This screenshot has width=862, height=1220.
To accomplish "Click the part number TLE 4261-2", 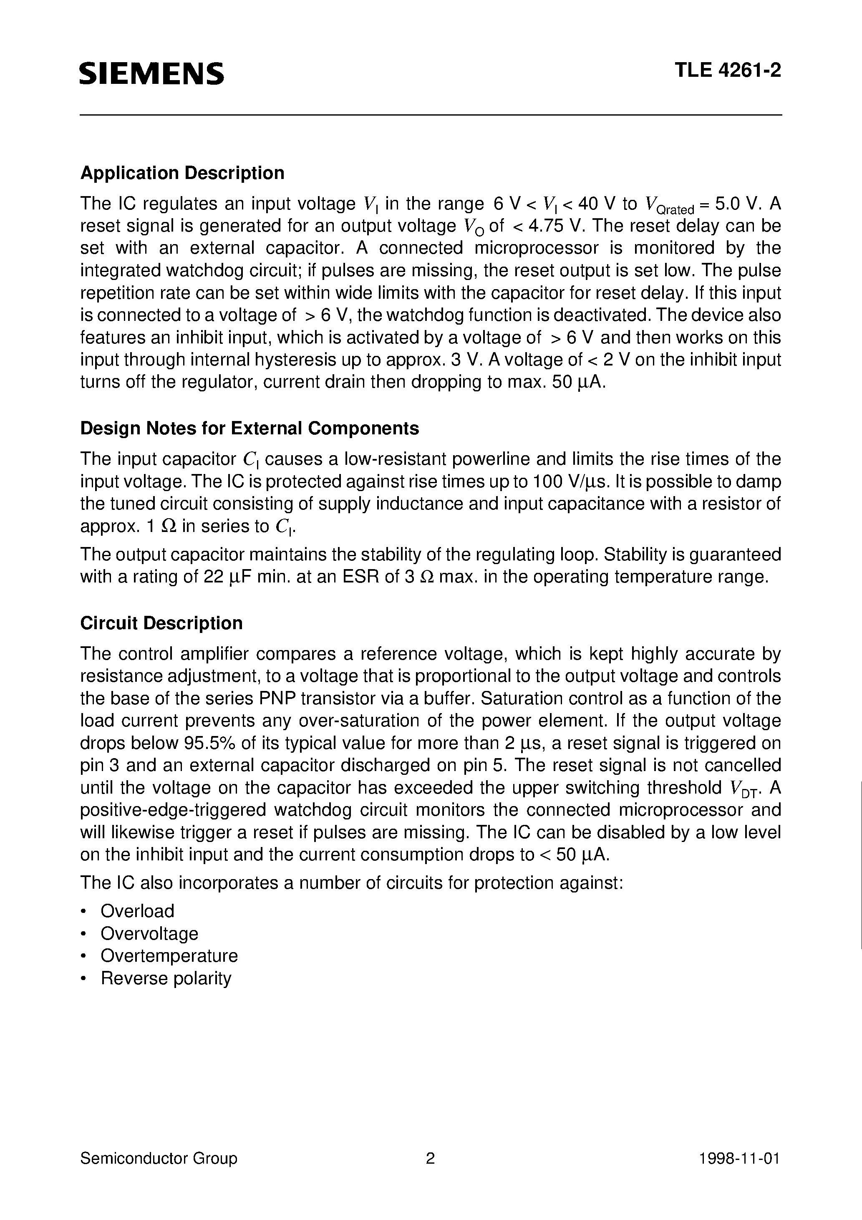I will point(728,71).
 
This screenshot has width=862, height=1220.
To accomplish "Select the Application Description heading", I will point(182,173).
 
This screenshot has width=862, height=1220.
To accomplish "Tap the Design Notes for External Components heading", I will point(249,428).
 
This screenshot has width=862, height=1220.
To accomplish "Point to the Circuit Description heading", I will point(161,623).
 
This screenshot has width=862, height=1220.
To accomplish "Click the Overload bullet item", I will point(137,911).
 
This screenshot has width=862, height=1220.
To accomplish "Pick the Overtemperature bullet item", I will point(169,955).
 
